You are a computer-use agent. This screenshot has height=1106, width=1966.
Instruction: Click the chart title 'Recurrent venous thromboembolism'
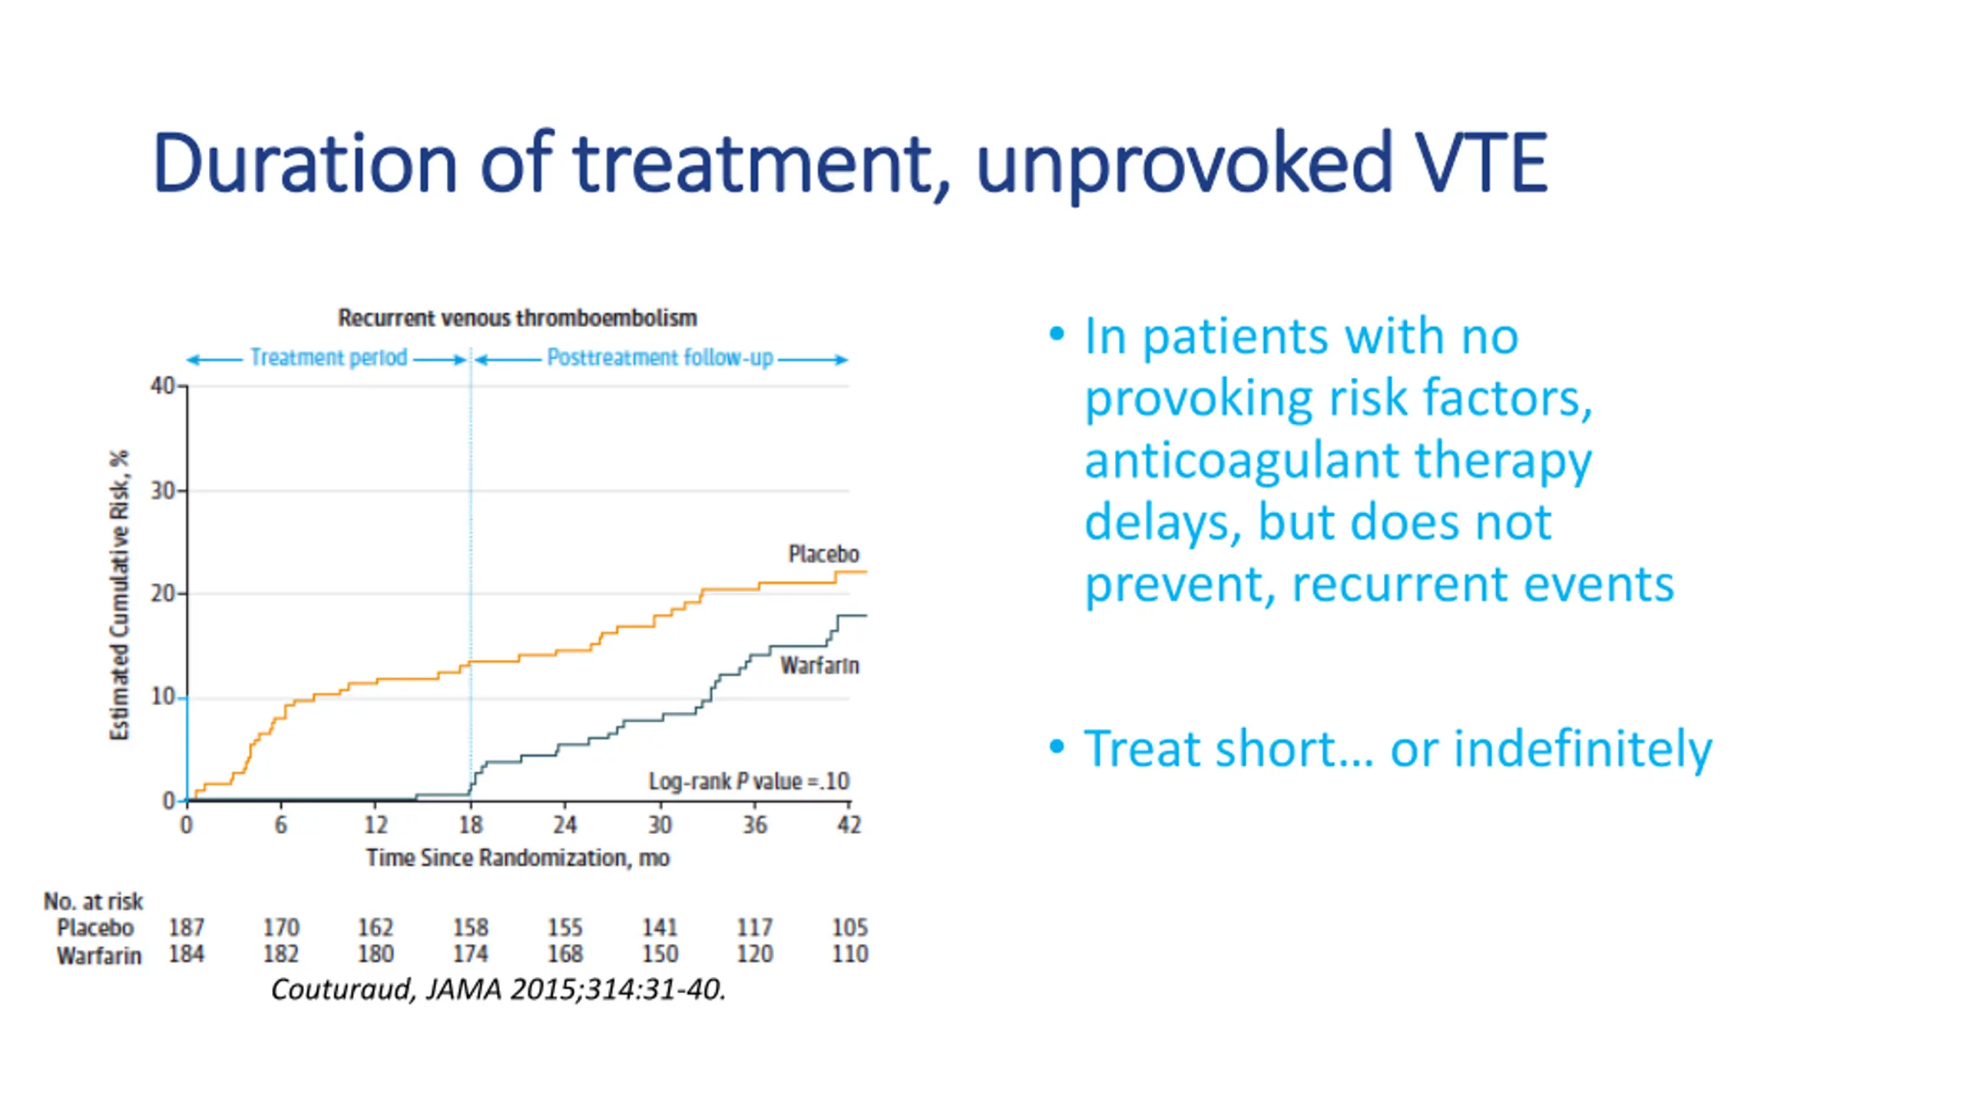point(517,318)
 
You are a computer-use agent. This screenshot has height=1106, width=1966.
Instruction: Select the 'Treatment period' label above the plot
point(329,358)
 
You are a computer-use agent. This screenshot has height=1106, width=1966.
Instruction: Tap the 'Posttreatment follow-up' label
point(660,358)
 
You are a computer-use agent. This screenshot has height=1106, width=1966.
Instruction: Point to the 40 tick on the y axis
point(162,386)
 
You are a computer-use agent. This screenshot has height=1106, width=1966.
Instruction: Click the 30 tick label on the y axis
point(162,490)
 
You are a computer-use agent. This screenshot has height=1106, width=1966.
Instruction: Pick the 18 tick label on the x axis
point(471,825)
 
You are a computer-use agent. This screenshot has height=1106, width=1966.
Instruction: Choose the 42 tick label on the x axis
point(849,825)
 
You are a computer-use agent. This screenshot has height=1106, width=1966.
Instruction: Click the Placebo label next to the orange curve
point(823,554)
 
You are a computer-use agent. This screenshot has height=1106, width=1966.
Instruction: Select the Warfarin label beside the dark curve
point(819,665)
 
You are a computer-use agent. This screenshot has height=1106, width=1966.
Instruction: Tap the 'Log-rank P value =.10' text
point(749,781)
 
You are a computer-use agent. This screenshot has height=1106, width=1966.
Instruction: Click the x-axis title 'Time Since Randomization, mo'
point(518,857)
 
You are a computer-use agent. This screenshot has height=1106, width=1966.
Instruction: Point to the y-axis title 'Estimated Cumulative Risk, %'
point(119,595)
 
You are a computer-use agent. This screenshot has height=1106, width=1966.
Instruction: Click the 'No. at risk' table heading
point(93,901)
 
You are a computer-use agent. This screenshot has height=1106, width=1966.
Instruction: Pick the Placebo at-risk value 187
point(187,928)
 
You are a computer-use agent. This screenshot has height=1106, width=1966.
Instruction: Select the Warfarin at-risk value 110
point(849,954)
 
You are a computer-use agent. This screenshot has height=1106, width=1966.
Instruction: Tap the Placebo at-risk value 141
point(660,928)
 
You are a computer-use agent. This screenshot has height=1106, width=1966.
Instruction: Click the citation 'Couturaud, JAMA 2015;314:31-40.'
point(498,989)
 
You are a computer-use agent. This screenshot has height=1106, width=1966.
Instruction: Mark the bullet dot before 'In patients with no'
point(1057,334)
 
